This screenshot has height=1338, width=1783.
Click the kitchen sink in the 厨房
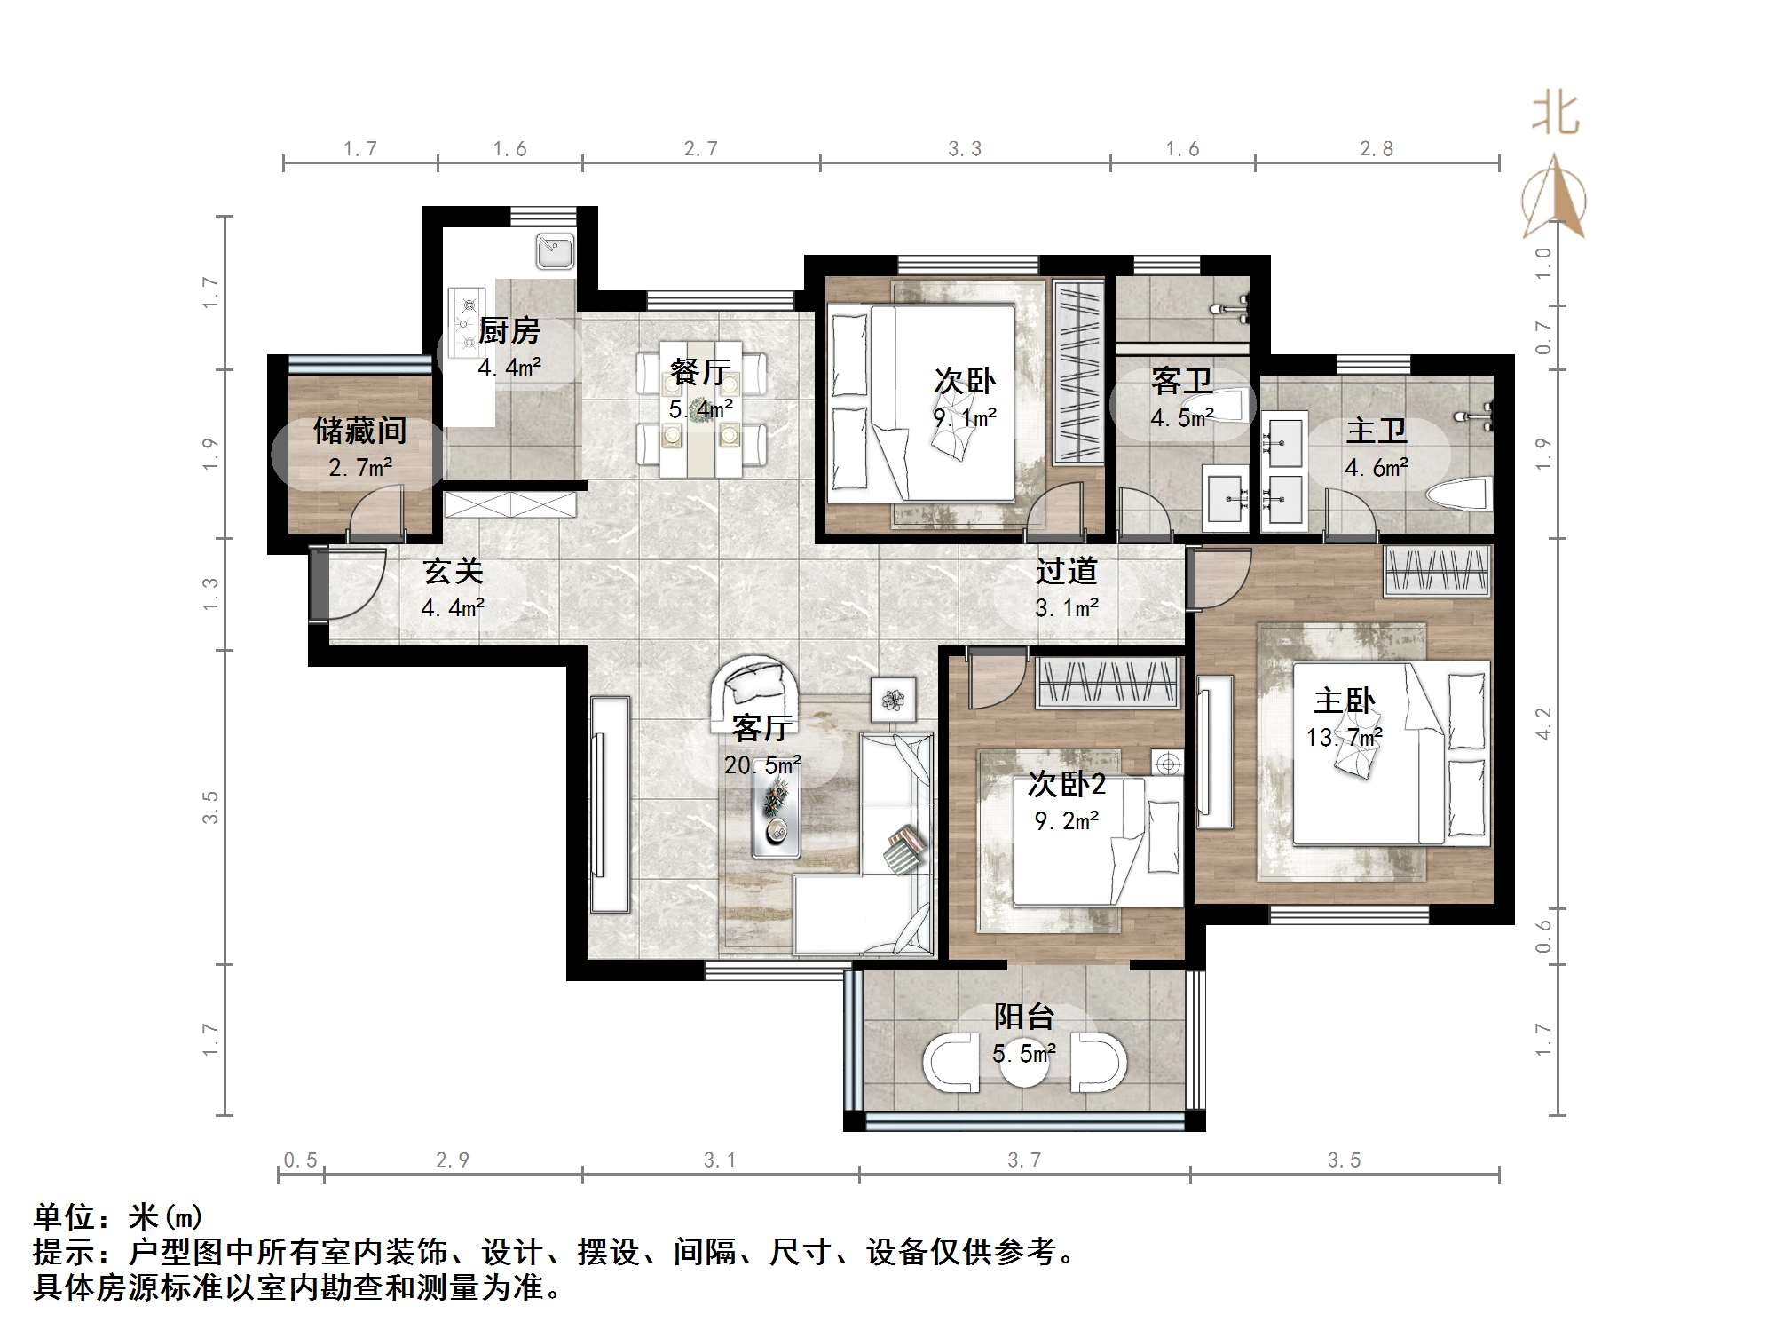(x=556, y=251)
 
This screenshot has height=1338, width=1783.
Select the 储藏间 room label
(x=359, y=431)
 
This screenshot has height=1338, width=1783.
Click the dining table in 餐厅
(x=701, y=408)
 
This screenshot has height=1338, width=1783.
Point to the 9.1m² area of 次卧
(x=965, y=416)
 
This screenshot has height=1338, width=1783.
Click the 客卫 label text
(x=1181, y=381)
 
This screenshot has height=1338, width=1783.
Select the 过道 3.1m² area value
(x=1067, y=608)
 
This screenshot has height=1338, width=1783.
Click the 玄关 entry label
(x=453, y=571)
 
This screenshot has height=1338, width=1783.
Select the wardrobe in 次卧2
(x=1108, y=683)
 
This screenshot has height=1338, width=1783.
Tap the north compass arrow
(x=1554, y=198)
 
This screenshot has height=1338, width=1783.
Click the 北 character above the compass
(x=1555, y=115)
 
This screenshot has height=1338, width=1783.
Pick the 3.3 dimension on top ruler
(x=965, y=149)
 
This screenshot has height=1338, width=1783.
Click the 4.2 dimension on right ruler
(x=1543, y=723)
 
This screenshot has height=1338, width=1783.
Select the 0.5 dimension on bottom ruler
(x=300, y=1160)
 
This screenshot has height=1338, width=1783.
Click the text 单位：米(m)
(x=118, y=1217)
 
